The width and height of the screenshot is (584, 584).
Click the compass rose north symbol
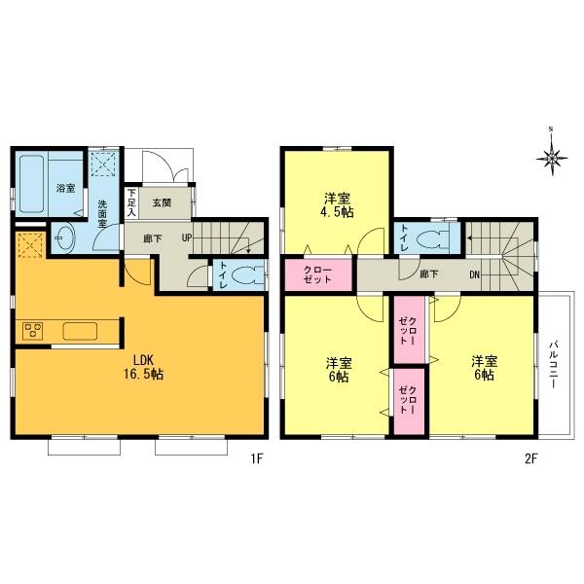coord(552,157)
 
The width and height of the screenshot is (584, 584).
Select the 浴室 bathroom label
coord(65,188)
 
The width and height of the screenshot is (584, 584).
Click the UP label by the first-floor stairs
coord(185,237)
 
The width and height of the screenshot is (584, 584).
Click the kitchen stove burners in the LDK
coord(29,330)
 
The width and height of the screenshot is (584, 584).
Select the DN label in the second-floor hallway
coord(475,274)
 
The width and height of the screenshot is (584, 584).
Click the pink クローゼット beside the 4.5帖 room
coord(318,274)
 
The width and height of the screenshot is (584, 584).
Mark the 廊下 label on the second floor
coord(428,274)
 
